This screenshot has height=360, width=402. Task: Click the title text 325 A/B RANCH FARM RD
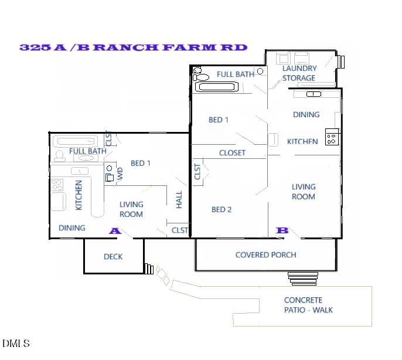133,47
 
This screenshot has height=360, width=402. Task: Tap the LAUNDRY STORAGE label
299,73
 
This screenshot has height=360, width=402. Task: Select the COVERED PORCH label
265,255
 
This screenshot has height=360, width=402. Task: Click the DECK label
113,257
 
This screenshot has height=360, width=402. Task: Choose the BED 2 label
222,210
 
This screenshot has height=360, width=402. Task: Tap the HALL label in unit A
179,199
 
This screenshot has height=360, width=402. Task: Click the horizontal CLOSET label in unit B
232,153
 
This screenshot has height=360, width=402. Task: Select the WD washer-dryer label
120,174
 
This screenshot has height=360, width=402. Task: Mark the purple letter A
115,231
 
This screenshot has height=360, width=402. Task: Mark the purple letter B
282,231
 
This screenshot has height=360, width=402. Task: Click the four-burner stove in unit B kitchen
332,137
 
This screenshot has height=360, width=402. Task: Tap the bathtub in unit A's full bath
76,141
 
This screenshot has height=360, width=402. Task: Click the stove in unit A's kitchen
57,185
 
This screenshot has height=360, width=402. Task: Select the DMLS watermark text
16,343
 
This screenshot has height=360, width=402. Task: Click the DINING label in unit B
306,115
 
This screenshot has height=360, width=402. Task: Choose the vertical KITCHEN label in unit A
79,195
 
